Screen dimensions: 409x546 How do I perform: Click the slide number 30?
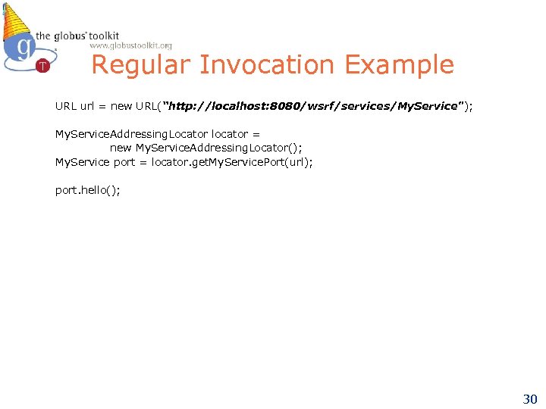click(x=529, y=398)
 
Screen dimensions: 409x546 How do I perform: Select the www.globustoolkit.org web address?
click(x=130, y=45)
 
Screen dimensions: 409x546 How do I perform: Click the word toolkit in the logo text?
click(x=102, y=35)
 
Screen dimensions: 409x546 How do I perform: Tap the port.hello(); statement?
click(x=87, y=190)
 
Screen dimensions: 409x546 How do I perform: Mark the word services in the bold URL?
click(x=366, y=107)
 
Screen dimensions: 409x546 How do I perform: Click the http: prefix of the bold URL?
click(x=187, y=107)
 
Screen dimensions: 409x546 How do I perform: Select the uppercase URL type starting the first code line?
click(x=65, y=107)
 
